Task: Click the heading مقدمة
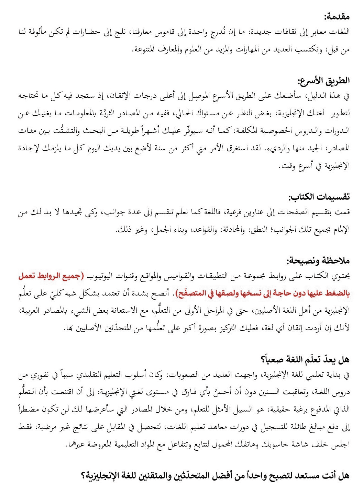(337, 16)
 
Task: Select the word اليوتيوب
(99, 276)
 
